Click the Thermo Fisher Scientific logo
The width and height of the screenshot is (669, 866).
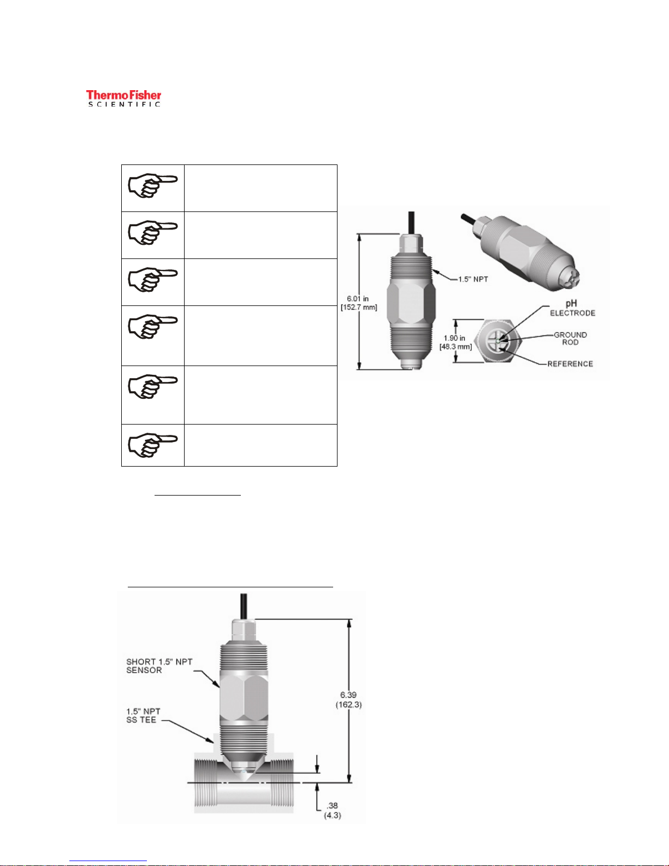pyautogui.click(x=124, y=98)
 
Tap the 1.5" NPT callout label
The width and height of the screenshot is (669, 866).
pyautogui.click(x=473, y=279)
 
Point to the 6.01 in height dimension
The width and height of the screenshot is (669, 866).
pyautogui.click(x=358, y=299)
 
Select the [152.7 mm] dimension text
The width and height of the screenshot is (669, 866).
pyautogui.click(x=359, y=308)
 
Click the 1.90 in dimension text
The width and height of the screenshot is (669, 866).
pyautogui.click(x=454, y=338)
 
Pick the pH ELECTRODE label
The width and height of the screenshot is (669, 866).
pyautogui.click(x=572, y=308)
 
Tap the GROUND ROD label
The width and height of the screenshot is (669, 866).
pyautogui.click(x=571, y=338)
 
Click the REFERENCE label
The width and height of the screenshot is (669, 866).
pyautogui.click(x=570, y=364)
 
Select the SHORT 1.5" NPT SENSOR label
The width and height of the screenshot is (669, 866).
pyautogui.click(x=159, y=665)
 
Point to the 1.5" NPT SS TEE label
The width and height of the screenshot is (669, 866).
pyautogui.click(x=144, y=715)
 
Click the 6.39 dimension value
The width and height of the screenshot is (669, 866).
pyautogui.click(x=348, y=695)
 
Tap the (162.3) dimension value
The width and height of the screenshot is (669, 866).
pyautogui.click(x=348, y=705)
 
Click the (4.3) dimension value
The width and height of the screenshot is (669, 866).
pyautogui.click(x=332, y=815)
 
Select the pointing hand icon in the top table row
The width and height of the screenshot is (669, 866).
pyautogui.click(x=152, y=187)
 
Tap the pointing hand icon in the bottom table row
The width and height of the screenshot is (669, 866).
pyautogui.click(x=152, y=445)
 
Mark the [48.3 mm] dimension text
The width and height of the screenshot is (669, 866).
pyautogui.click(x=455, y=347)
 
